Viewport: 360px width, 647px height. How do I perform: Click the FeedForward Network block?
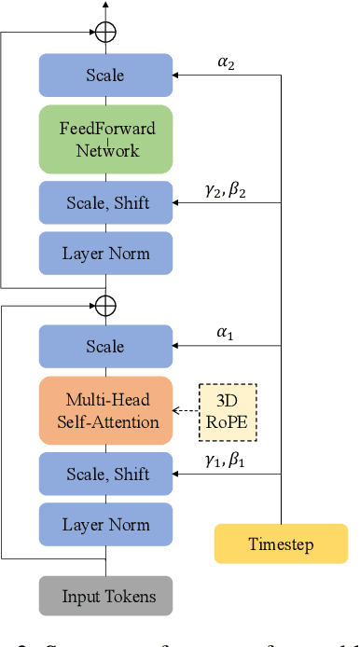[x=105, y=139]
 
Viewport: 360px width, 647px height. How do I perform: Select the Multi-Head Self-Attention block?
[x=105, y=410]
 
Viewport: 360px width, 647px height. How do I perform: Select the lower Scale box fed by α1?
[x=105, y=346]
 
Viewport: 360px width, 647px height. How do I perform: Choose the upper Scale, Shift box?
[x=105, y=202]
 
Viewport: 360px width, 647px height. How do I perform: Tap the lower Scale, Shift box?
[x=105, y=475]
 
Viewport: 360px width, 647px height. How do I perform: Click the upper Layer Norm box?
[x=105, y=254]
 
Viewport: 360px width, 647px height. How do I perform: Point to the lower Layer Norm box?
[x=105, y=525]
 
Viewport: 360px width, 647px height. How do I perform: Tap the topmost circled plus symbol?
[x=105, y=32]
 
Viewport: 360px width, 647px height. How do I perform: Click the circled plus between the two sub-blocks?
[x=105, y=305]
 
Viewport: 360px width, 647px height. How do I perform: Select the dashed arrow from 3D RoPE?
[x=188, y=410]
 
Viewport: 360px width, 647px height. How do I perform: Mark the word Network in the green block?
[x=105, y=150]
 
